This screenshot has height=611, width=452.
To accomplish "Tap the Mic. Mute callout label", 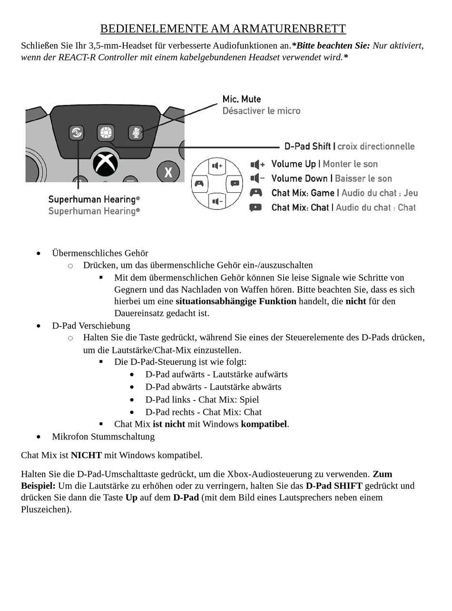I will (x=242, y=99).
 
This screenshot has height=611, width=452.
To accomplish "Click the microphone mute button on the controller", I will (x=136, y=133).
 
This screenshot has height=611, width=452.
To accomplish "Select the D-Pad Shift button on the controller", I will (x=106, y=132).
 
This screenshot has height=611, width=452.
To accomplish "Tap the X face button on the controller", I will (x=168, y=172).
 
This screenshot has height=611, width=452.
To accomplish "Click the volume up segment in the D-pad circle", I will (x=217, y=166).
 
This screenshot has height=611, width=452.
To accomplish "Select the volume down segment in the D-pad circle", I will (x=217, y=201).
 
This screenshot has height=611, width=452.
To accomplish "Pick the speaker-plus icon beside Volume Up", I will (x=257, y=164).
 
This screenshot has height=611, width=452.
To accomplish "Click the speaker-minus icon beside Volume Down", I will (x=257, y=178).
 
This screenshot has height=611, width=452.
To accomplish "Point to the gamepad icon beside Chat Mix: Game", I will (x=256, y=193).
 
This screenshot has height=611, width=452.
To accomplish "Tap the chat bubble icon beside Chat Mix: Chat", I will (x=255, y=207).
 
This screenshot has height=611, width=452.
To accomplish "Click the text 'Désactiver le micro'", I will (x=261, y=111).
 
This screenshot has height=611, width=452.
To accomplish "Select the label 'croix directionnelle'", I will (x=376, y=146).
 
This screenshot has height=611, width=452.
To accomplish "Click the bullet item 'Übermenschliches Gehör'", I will (x=100, y=253).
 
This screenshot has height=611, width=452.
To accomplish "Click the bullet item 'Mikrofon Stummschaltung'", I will (x=103, y=436).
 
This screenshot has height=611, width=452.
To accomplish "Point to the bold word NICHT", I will (x=86, y=455).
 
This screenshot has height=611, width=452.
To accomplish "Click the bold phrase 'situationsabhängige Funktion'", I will (x=236, y=301).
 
